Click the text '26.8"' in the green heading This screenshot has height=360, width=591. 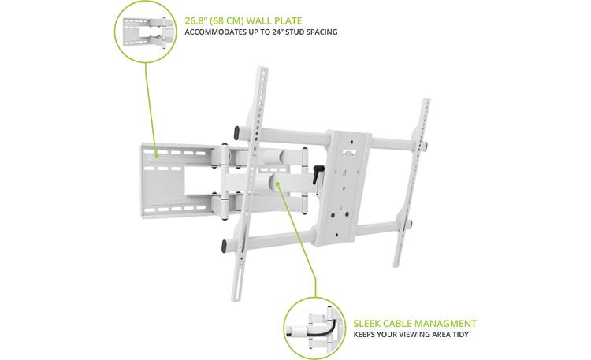point(197,20)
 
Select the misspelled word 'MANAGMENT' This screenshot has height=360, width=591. point(448,323)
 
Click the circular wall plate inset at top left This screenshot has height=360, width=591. point(146,32)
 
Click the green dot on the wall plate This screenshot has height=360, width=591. point(155,156)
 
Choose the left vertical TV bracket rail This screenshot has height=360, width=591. point(251,181)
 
